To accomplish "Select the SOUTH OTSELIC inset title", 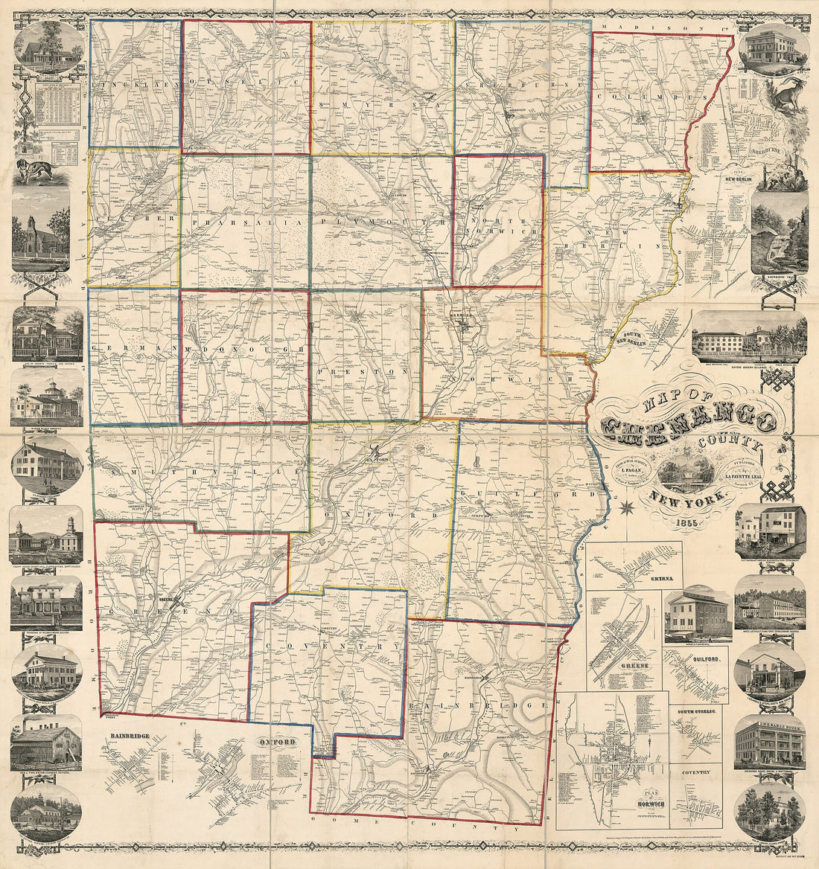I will click(x=698, y=713).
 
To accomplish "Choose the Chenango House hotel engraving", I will click(x=771, y=744).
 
